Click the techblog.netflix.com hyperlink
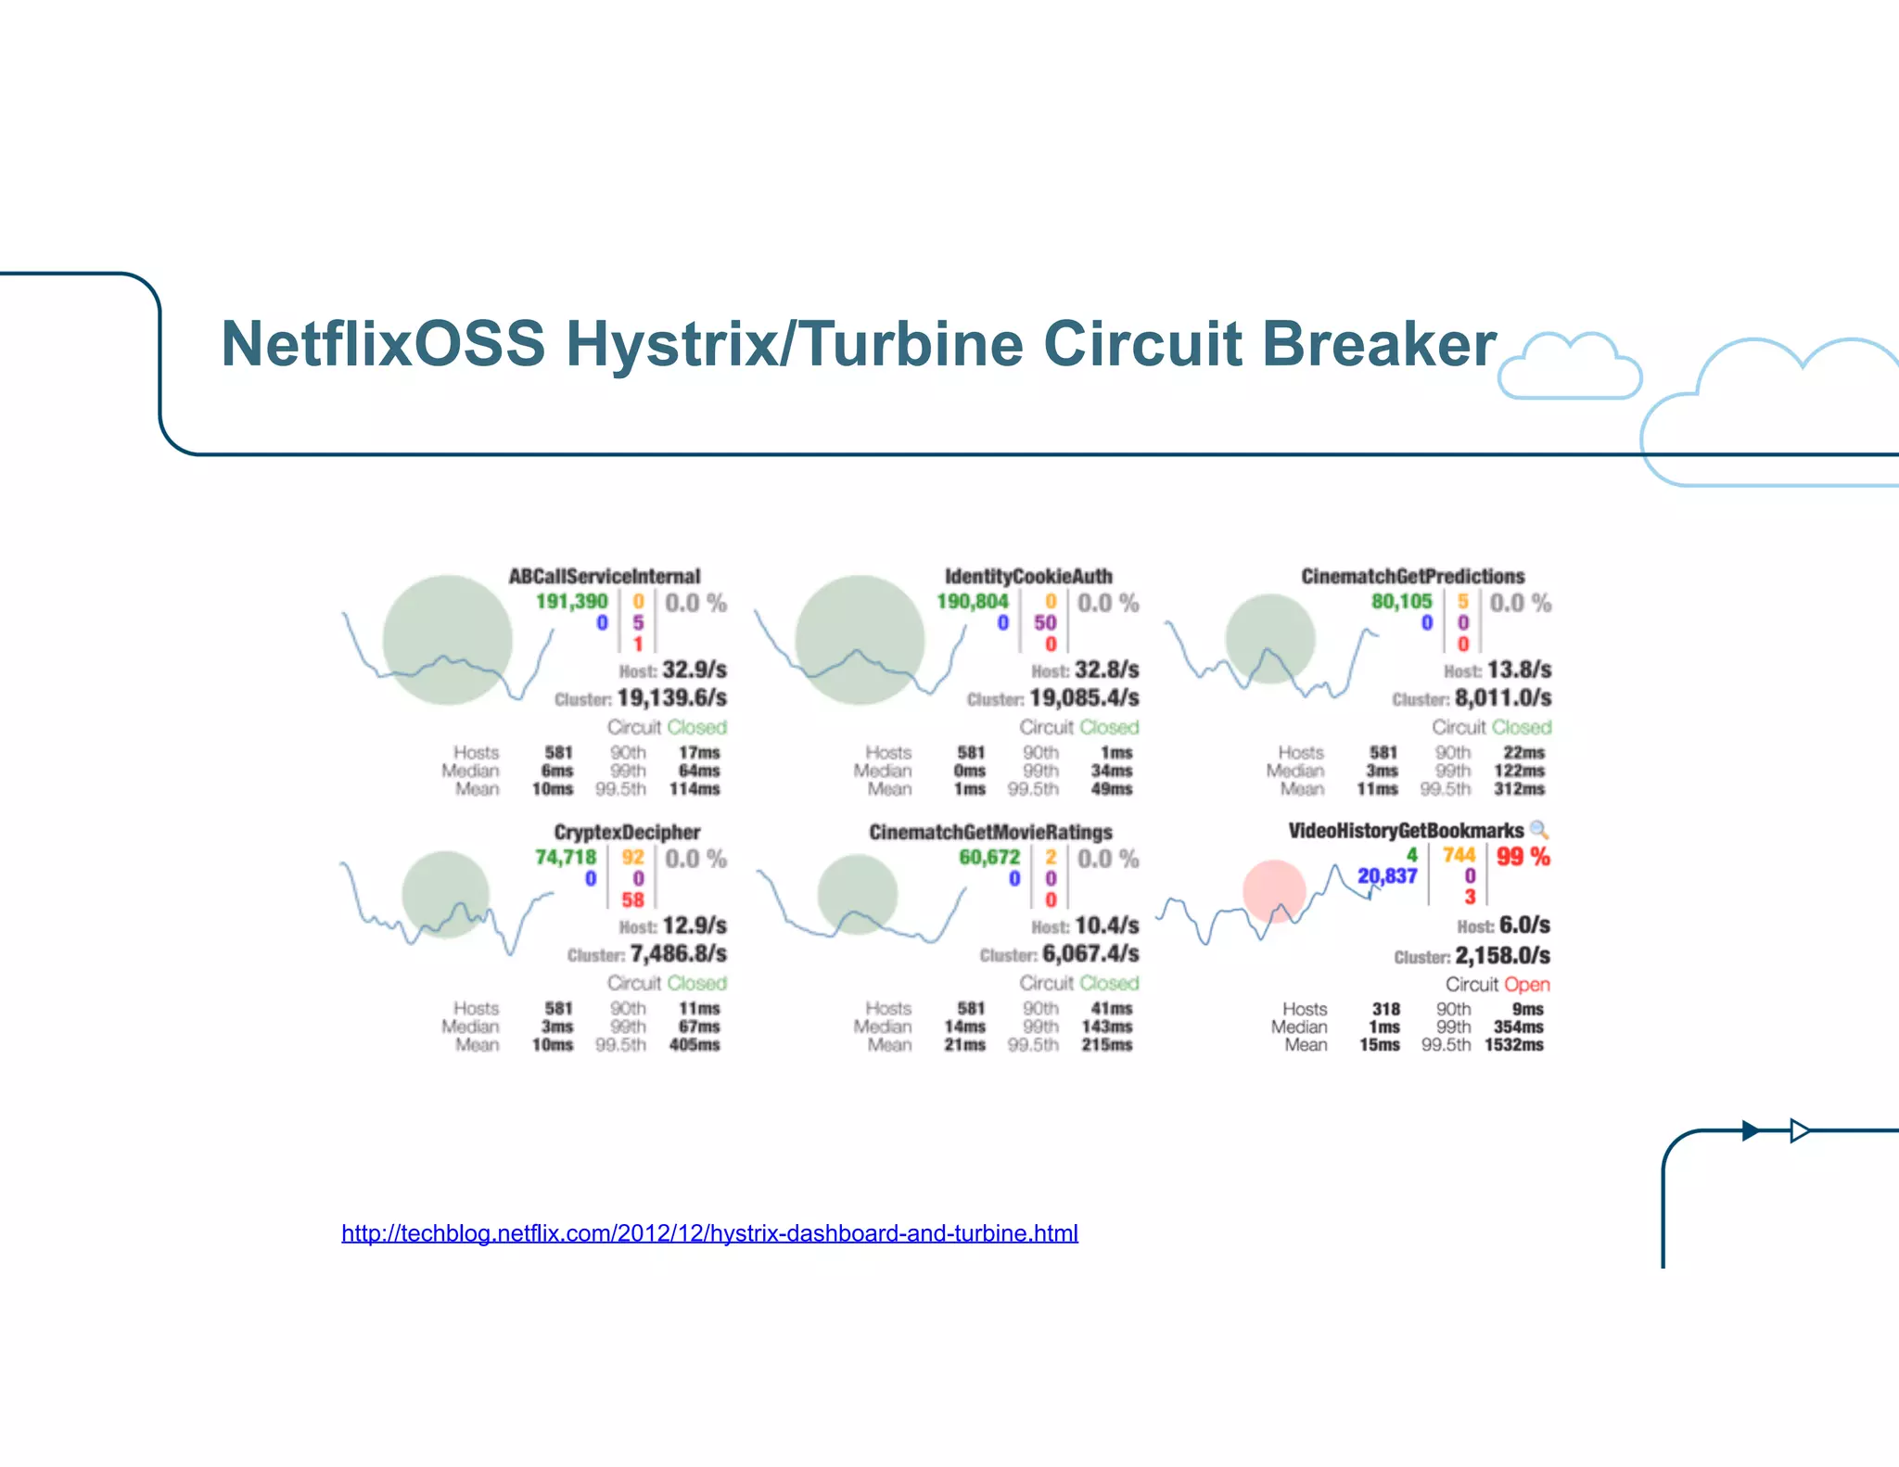(x=709, y=1233)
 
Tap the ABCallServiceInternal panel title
(x=605, y=576)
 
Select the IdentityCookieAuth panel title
(x=1028, y=576)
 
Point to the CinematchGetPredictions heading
(x=1412, y=576)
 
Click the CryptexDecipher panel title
(x=627, y=832)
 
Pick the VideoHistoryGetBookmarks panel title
(x=1406, y=830)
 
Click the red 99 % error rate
(x=1523, y=857)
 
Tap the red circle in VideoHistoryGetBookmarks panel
(x=1274, y=891)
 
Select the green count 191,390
(x=571, y=602)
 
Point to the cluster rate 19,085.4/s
(x=1084, y=697)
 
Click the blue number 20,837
(x=1387, y=876)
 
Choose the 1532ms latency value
(x=1514, y=1045)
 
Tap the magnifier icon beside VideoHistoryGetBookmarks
(x=1539, y=830)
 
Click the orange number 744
(x=1459, y=855)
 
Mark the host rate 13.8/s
(x=1519, y=670)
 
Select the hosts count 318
(x=1385, y=1009)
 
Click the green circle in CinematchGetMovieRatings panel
(x=858, y=894)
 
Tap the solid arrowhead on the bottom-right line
(x=1751, y=1130)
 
